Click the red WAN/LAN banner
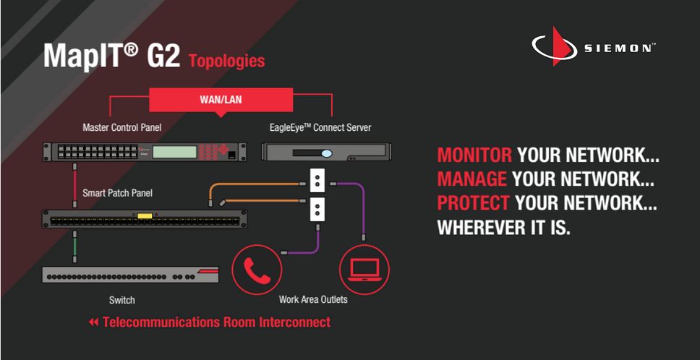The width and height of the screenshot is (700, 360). click(221, 100)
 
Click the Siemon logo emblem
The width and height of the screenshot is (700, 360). click(552, 46)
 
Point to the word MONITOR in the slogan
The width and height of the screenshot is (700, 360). click(474, 155)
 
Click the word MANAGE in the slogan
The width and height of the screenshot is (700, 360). click(472, 179)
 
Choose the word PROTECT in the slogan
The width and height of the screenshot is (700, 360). click(473, 203)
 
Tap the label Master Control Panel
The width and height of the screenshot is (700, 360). click(122, 127)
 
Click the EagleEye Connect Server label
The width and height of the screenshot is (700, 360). click(320, 127)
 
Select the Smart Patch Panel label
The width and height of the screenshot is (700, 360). click(117, 193)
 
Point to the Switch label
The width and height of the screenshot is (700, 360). click(122, 300)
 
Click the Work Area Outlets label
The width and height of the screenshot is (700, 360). click(313, 299)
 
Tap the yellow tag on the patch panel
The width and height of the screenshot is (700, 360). click(144, 216)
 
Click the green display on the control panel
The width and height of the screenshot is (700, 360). click(174, 152)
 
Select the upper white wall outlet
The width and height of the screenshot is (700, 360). click(317, 180)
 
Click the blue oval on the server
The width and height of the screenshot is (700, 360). click(327, 153)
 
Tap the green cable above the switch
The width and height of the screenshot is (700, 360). click(75, 247)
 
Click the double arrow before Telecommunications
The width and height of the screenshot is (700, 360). click(93, 322)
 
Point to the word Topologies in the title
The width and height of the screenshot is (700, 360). click(227, 61)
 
